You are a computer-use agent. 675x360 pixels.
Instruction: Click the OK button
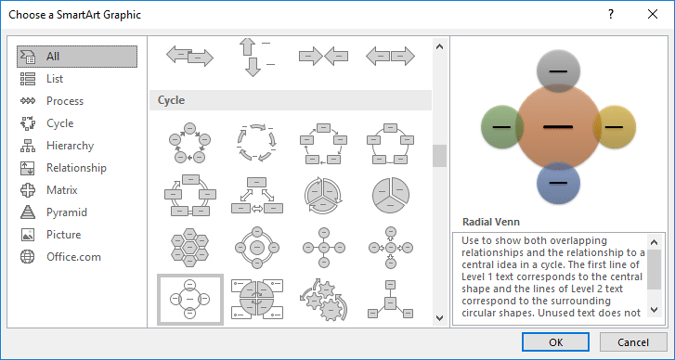click(x=555, y=341)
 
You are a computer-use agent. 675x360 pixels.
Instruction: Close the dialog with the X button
click(x=652, y=15)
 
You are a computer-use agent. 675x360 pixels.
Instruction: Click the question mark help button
click(x=610, y=15)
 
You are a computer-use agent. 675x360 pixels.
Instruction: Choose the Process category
click(x=64, y=101)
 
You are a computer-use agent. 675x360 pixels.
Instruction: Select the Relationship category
click(x=75, y=168)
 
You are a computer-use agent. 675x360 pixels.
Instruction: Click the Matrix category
click(x=62, y=190)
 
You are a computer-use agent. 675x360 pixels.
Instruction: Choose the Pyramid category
click(x=66, y=212)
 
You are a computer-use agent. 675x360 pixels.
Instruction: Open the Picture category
click(x=63, y=235)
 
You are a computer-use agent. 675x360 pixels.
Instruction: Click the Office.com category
click(x=72, y=257)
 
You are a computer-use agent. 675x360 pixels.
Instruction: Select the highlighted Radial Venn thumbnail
click(x=189, y=299)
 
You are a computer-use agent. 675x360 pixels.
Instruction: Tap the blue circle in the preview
click(x=557, y=183)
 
